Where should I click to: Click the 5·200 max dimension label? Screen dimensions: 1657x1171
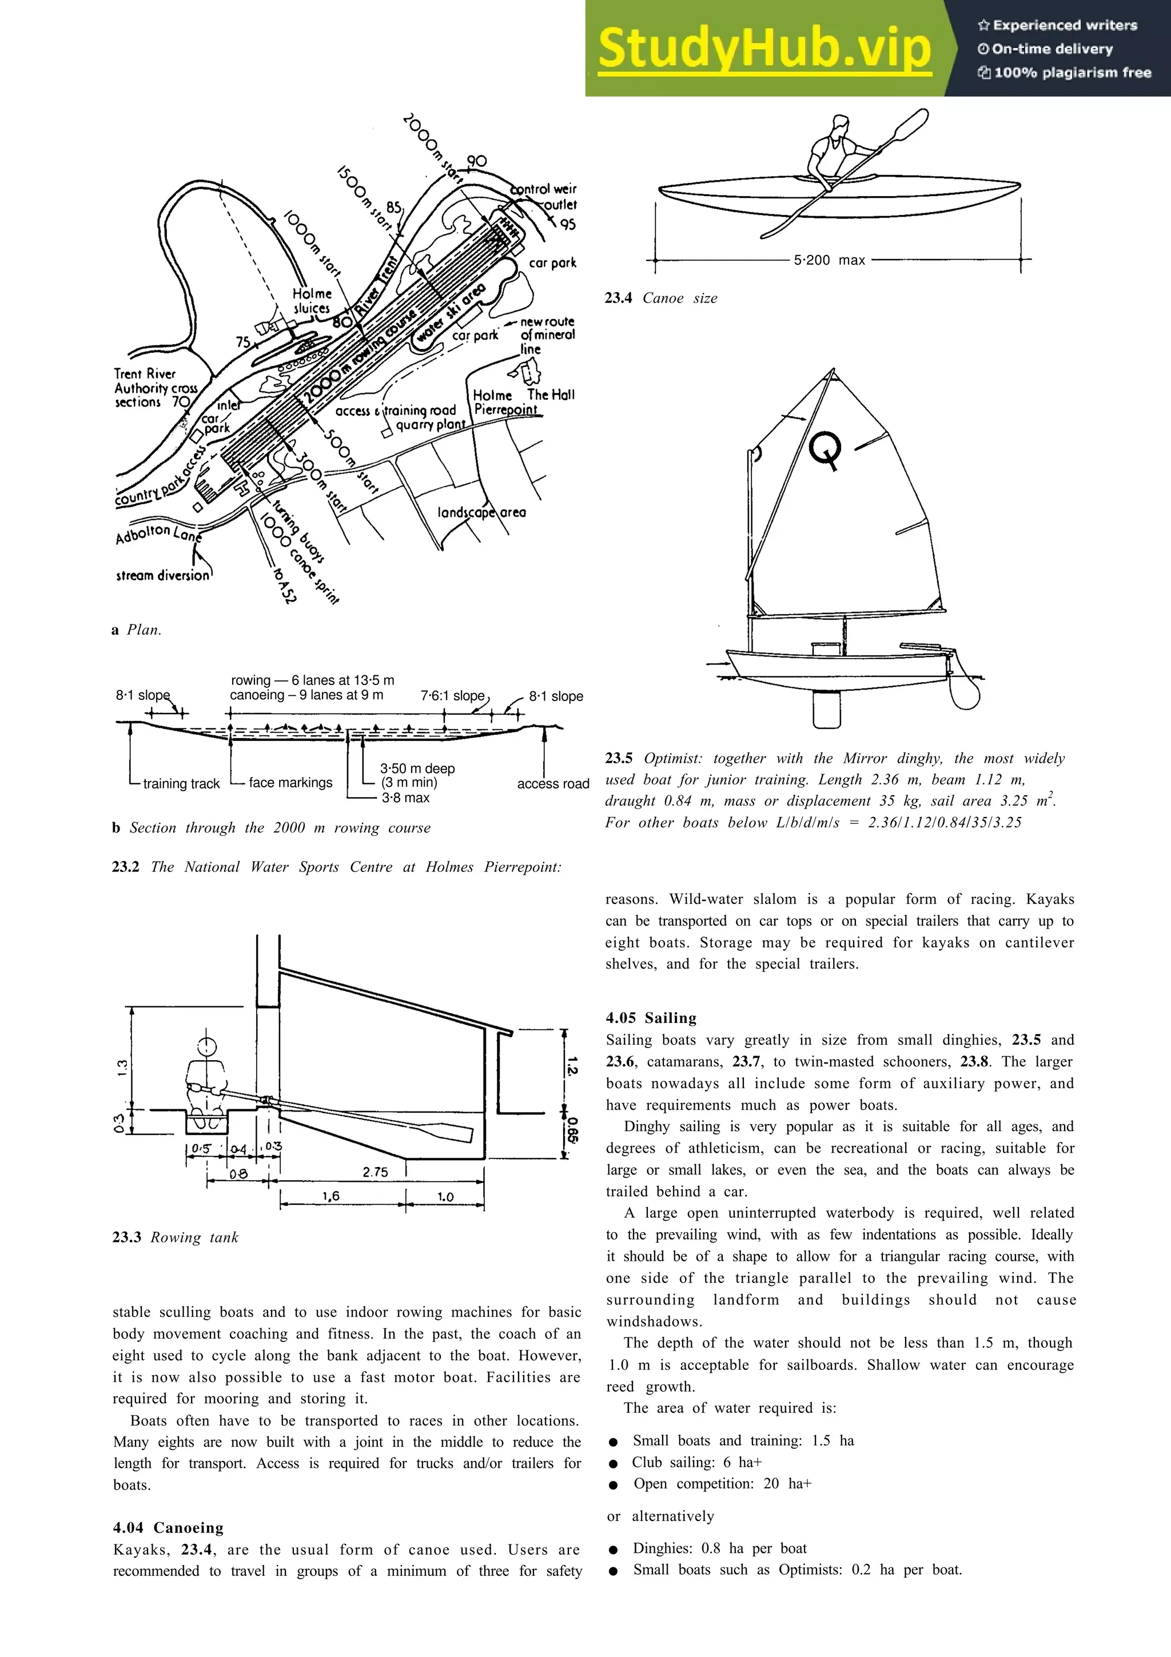[x=829, y=261]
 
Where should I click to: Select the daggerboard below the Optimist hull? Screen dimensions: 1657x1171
[x=826, y=708]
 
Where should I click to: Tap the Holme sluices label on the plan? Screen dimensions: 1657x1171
[x=312, y=301]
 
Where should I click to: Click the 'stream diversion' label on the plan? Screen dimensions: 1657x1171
[x=162, y=575]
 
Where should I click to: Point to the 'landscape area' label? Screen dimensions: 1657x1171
[x=481, y=512]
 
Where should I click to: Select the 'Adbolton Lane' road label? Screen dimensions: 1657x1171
[x=158, y=533]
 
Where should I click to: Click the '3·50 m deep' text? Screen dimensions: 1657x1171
[x=417, y=768]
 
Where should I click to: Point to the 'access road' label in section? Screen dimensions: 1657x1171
[x=553, y=784]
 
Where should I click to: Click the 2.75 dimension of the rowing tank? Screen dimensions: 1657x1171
[x=375, y=1172]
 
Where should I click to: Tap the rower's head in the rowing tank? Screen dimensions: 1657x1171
[x=207, y=1046]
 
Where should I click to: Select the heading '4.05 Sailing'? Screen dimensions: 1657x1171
[x=651, y=1018]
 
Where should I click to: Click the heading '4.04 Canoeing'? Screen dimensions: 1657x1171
[x=168, y=1528]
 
